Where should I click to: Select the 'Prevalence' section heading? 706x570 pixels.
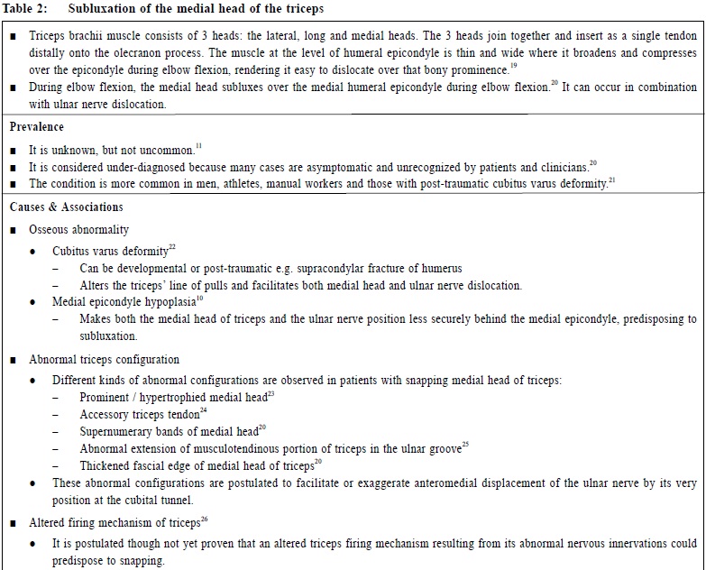click(x=37, y=127)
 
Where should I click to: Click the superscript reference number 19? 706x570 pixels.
click(x=514, y=66)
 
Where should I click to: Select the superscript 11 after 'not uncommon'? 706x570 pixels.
click(x=199, y=145)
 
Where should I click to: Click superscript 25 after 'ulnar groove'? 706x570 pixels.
click(x=466, y=445)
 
